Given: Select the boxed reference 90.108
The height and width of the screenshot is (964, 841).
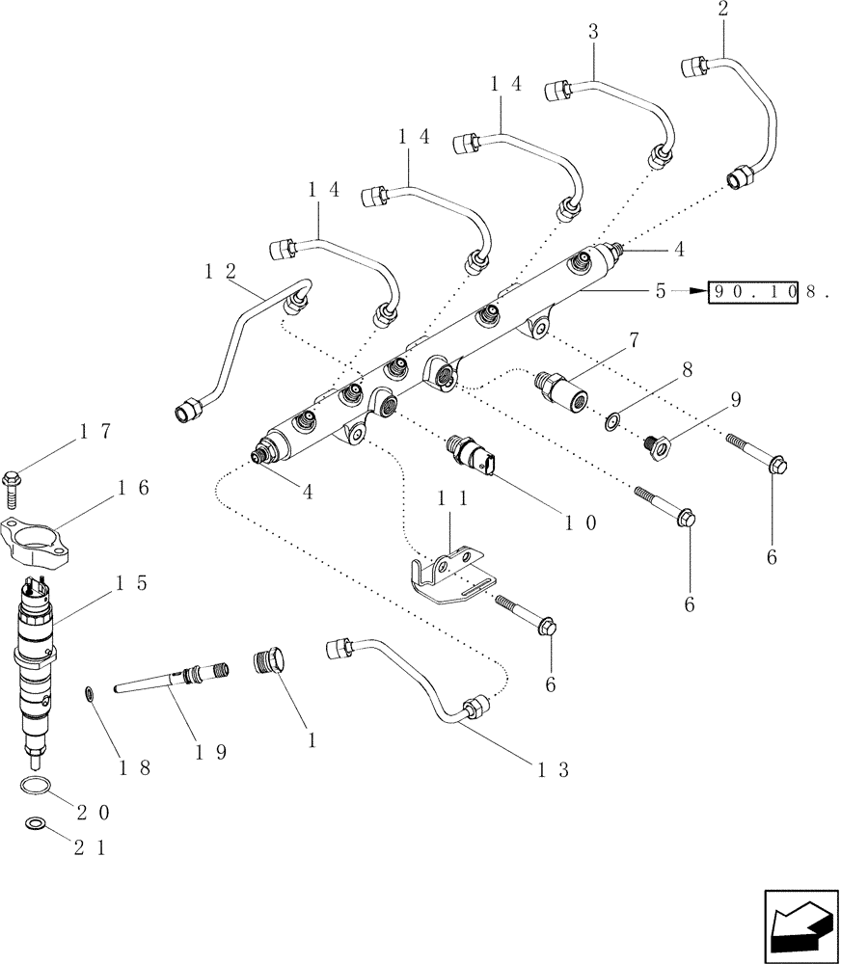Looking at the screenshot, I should (754, 291).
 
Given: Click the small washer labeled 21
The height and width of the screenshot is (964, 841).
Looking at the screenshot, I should (35, 824).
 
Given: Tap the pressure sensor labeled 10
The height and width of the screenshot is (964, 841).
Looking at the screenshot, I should (472, 455).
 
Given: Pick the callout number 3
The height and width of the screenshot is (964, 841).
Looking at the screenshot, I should (593, 32).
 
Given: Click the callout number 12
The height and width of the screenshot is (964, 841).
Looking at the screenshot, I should (217, 272).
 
